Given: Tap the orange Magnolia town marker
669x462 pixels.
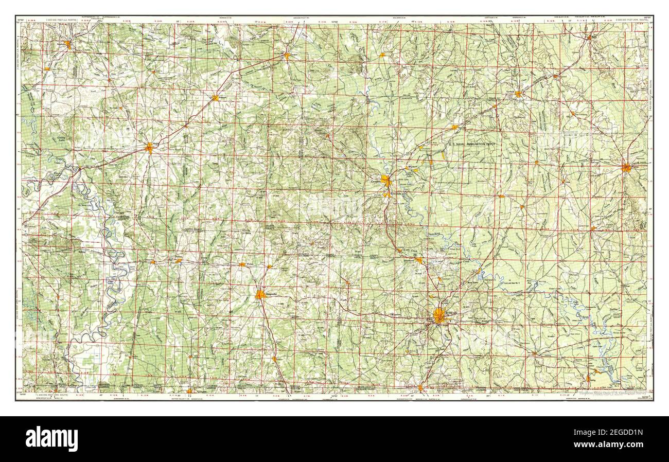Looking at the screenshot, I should click(261, 295).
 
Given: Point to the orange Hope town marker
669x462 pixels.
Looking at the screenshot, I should click(149, 148).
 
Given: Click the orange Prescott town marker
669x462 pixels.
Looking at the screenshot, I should click(215, 97).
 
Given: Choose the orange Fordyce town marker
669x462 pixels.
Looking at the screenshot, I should click(519, 94).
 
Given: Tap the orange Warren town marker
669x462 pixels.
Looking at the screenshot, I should click(626, 167).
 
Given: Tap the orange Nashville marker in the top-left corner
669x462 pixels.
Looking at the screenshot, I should click(68, 45).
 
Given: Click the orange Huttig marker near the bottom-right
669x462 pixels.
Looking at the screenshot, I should click(588, 379).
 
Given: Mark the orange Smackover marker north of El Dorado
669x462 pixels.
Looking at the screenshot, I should click(419, 260).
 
